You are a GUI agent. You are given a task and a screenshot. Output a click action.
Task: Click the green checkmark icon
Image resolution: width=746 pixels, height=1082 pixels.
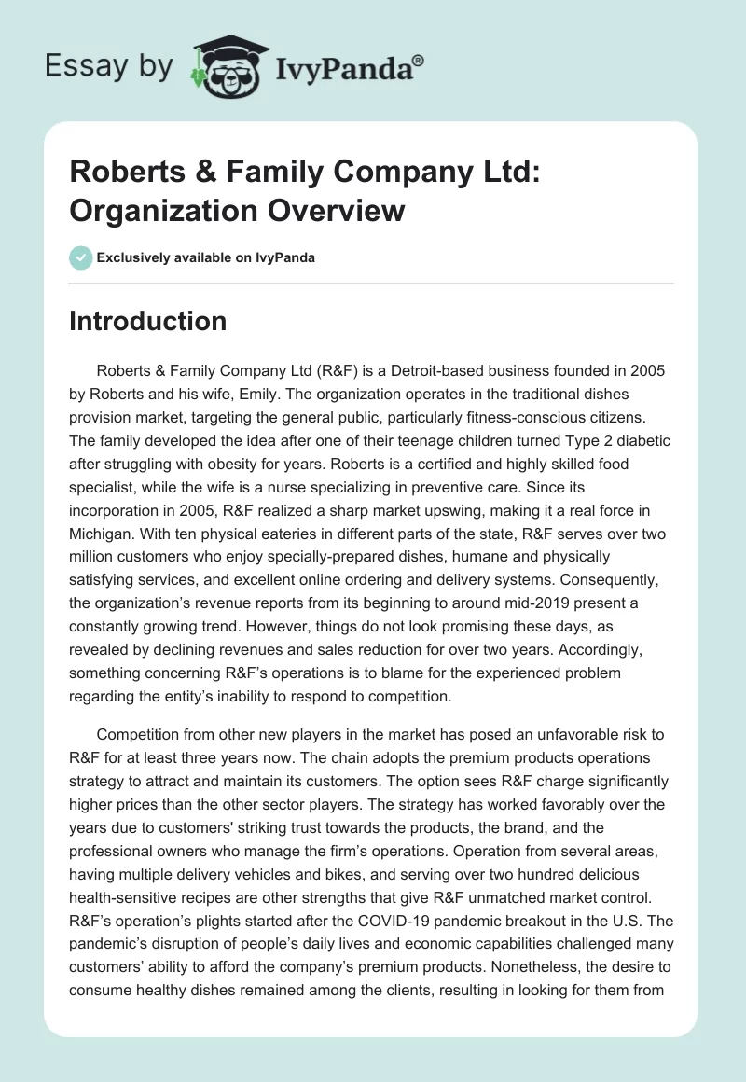point(81,257)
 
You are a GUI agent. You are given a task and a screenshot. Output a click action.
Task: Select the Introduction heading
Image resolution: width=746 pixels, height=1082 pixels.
point(148,321)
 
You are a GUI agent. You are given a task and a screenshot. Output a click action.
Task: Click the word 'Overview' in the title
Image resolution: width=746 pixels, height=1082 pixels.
point(339,210)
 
